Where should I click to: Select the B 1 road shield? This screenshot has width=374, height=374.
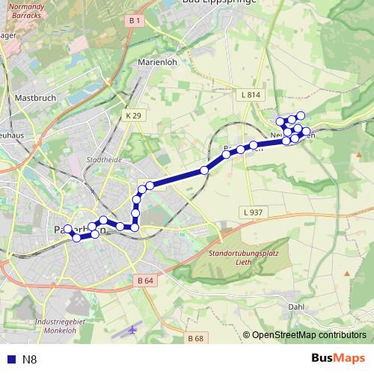[135, 21]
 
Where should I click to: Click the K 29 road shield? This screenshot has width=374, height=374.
[133, 115]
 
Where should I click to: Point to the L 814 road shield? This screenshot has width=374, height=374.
[251, 95]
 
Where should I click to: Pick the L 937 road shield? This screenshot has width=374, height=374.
[253, 212]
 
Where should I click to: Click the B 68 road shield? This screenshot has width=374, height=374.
[196, 338]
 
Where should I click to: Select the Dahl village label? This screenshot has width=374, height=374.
[296, 306]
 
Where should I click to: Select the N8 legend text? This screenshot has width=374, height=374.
[30, 359]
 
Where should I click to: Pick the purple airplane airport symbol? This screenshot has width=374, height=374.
[134, 329]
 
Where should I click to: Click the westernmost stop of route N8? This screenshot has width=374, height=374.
[67, 229]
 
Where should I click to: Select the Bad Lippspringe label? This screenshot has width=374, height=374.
[220, 2]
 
